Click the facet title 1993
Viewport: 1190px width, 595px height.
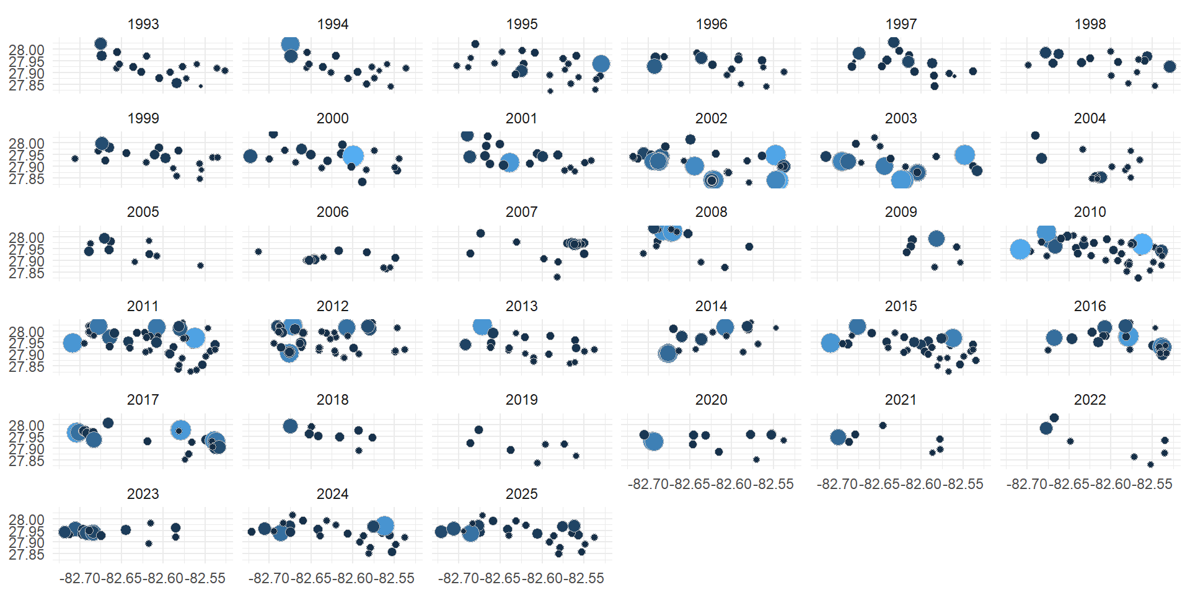click(143, 24)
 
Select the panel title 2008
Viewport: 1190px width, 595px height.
click(711, 212)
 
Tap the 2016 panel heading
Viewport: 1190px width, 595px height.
click(1090, 306)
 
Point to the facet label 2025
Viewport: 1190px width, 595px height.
click(521, 494)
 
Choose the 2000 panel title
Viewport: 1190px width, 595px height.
click(332, 118)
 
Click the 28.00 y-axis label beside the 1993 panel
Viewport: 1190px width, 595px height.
click(27, 50)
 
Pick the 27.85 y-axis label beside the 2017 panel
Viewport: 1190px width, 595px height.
click(27, 461)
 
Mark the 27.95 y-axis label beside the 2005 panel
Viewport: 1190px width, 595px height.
click(27, 250)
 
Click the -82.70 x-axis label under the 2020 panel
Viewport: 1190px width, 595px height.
click(648, 485)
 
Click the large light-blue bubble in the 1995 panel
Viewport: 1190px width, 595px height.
click(601, 64)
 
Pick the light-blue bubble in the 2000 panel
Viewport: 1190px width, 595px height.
click(353, 156)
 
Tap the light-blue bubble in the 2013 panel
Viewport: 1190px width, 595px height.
click(482, 325)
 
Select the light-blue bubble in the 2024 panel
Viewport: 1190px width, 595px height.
click(384, 526)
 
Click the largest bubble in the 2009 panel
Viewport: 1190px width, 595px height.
click(937, 239)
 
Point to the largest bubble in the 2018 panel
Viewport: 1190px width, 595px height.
click(290, 426)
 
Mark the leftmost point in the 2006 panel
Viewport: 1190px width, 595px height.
click(258, 252)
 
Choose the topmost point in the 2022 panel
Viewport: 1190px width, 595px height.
click(1054, 418)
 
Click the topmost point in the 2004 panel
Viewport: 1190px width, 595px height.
click(1035, 135)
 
